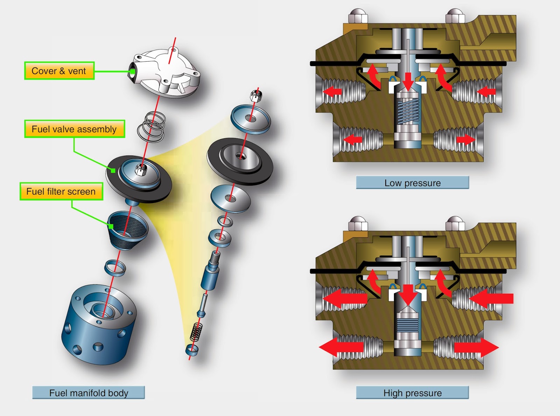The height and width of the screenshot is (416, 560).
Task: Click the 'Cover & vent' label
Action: click(59, 71)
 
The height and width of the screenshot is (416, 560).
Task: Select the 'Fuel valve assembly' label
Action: click(74, 129)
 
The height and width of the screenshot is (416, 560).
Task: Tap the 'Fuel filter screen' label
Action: click(61, 192)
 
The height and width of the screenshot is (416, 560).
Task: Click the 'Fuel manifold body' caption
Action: click(89, 393)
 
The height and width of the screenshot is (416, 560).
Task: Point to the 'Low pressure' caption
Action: click(412, 183)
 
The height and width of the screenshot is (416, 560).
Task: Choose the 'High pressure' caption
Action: click(412, 393)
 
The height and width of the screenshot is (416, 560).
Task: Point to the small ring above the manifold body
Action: click(115, 268)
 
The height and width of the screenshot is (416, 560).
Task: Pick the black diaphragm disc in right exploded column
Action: click(240, 161)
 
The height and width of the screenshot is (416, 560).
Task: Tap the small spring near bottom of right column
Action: click(196, 332)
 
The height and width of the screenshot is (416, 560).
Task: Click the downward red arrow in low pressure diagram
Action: click(408, 81)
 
